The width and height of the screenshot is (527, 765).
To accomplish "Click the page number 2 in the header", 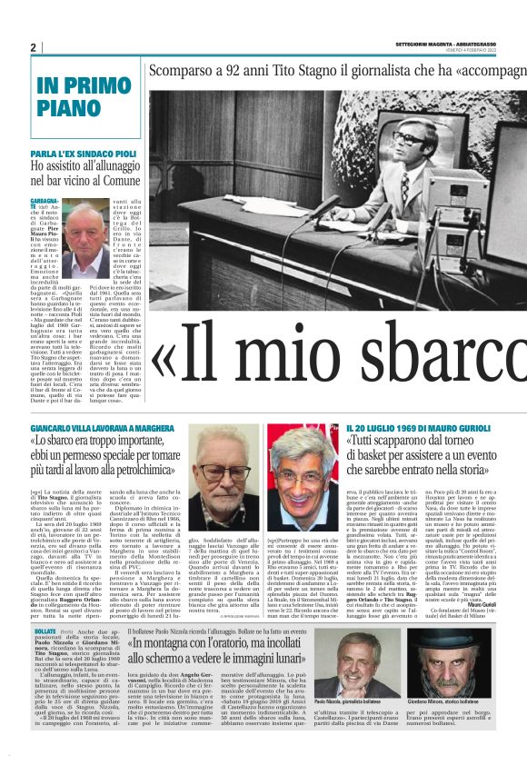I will tap(34, 47).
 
